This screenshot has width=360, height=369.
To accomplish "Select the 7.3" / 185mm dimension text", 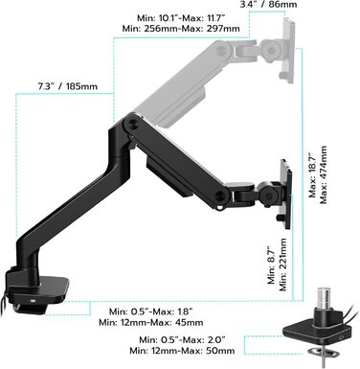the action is pos(68,86).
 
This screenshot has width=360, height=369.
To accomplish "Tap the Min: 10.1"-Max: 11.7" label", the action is pos(181,18).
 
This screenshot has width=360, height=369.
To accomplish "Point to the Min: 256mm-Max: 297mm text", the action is pos(181,29).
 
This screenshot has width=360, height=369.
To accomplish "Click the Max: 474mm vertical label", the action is pos(324,174).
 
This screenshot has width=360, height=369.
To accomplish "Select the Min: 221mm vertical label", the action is pos(282,265).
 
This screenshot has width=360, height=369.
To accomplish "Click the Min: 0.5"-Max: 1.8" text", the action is pos(151,311).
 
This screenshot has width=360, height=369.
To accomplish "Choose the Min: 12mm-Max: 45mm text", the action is pos(151,322).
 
